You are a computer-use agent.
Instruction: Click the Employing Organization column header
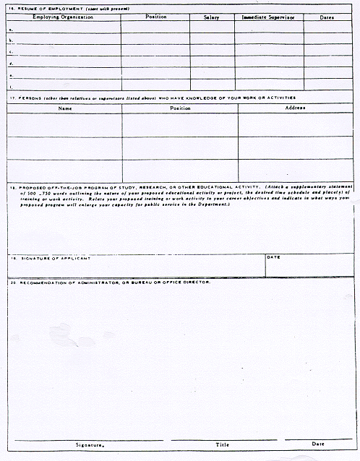tap(63, 17)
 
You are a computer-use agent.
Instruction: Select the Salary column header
tap(211, 17)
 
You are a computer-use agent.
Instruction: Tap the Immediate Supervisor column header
tap(268, 17)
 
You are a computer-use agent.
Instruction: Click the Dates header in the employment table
tap(327, 17)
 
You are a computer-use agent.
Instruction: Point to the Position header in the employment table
tap(155, 17)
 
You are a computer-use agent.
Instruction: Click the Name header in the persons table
tap(65, 108)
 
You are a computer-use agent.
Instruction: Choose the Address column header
tap(295, 108)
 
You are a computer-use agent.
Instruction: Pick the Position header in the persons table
tap(180, 108)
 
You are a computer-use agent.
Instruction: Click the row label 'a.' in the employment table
tap(10, 30)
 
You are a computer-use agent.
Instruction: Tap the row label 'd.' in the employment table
tap(10, 64)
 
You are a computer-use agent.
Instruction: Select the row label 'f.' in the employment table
tap(10, 86)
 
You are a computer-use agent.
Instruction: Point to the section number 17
tap(12, 98)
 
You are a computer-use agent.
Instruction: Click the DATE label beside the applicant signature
tap(273, 257)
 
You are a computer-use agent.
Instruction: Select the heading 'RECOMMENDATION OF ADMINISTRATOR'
tap(72, 282)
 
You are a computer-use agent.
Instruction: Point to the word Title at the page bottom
tap(222, 444)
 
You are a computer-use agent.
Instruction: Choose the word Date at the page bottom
tap(318, 444)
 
